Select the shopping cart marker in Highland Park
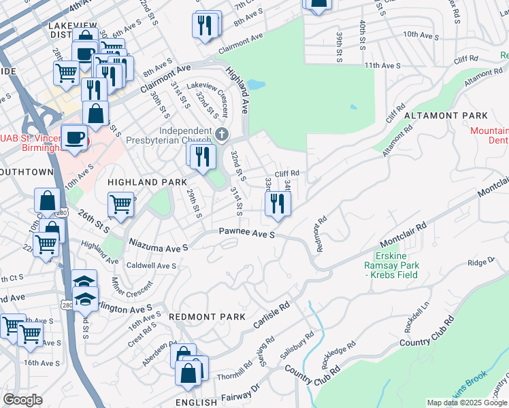[120, 203]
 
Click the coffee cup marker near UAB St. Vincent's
[74, 136]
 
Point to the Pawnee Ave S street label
[246, 233]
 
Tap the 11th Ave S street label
[383, 65]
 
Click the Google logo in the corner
[22, 400]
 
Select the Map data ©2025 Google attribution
[467, 403]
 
